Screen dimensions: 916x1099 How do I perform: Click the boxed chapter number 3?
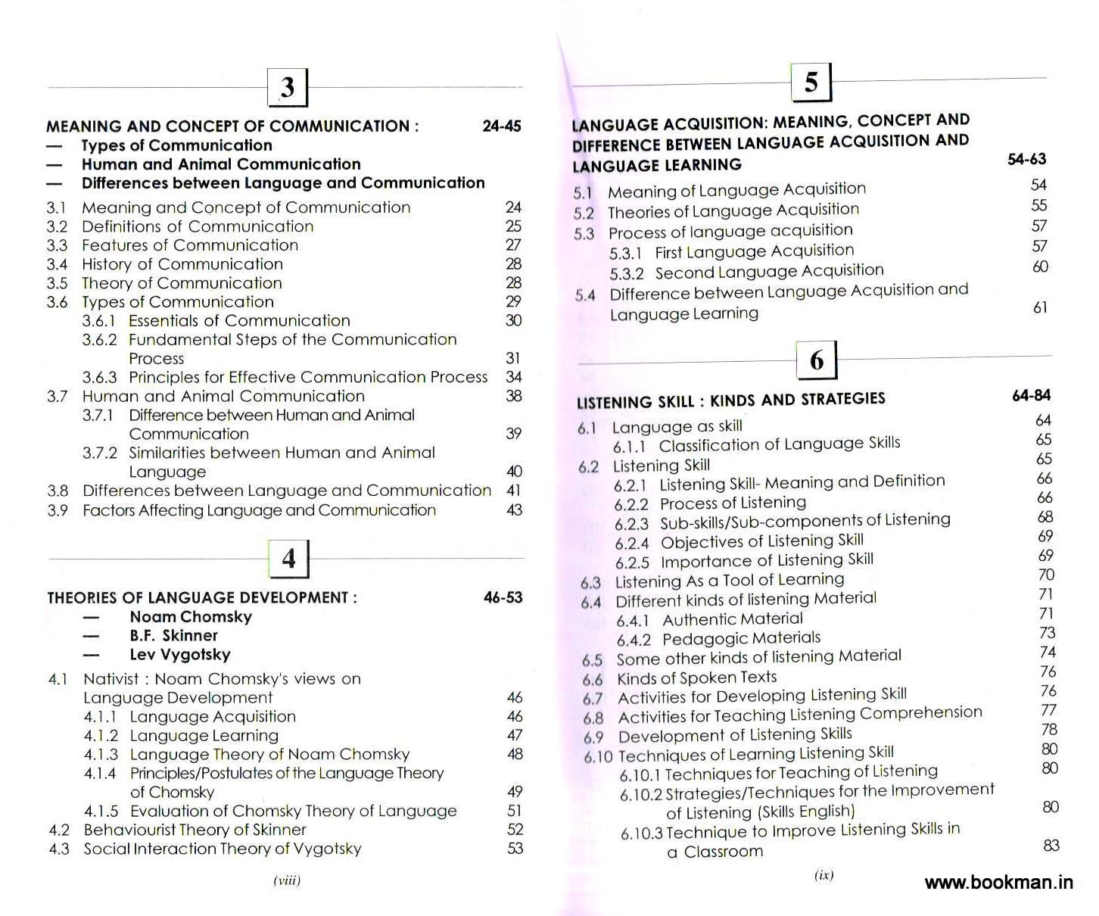pos(288,87)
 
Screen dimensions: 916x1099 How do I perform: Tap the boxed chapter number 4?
pos(289,559)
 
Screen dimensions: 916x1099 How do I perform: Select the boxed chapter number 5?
pos(811,82)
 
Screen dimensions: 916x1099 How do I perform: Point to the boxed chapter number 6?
pos(817,360)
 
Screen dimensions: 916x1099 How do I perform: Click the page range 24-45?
pos(501,126)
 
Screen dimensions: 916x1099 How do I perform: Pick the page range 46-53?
pos(503,597)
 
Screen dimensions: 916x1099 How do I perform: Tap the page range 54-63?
pos(1026,159)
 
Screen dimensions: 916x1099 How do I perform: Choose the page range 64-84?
pos(1031,395)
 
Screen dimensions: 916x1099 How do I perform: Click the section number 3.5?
pos(57,283)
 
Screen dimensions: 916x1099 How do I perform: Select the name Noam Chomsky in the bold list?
pos(191,617)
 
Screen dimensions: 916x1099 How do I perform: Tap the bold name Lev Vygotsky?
pos(180,655)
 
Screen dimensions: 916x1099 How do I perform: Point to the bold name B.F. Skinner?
pos(173,636)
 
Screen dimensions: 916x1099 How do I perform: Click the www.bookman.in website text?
pos(998,882)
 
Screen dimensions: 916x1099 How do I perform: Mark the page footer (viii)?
pos(287,880)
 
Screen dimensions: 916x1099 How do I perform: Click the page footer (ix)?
pos(823,875)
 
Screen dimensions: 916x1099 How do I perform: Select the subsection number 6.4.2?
pos(634,640)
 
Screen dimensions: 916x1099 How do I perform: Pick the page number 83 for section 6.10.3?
pos(1051,846)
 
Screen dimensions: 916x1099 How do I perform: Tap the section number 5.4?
pos(585,295)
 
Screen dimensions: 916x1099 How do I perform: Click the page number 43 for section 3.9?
pos(514,510)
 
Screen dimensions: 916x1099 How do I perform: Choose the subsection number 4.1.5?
pos(101,812)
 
